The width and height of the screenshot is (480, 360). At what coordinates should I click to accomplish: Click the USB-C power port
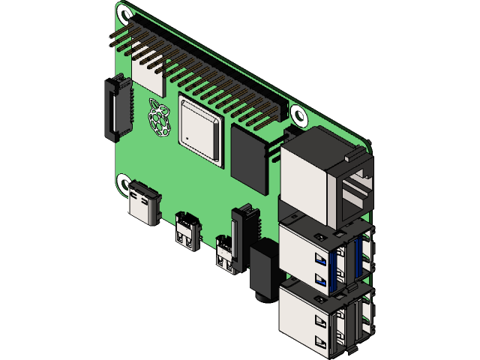tap(145, 203)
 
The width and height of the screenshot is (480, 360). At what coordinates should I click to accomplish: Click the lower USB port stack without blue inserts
tap(319, 319)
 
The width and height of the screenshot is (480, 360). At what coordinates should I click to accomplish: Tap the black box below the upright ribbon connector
tap(262, 270)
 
